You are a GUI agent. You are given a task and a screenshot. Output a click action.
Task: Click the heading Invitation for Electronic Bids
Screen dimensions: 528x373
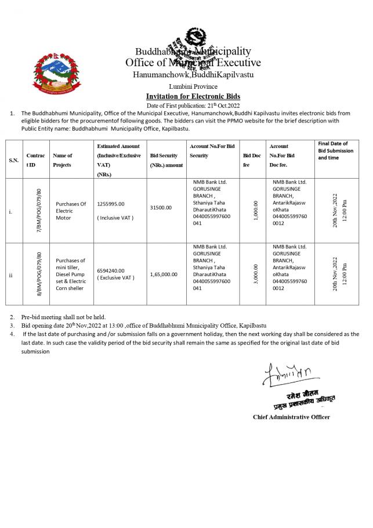(x=193, y=96)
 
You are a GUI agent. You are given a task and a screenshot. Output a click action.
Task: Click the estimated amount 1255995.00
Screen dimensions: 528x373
(x=111, y=204)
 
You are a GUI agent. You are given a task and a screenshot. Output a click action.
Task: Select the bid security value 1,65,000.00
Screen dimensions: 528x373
(x=164, y=274)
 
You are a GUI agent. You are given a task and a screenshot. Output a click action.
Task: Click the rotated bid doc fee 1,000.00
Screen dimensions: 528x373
(x=256, y=210)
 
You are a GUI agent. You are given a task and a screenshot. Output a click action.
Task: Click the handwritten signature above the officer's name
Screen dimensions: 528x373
(x=286, y=374)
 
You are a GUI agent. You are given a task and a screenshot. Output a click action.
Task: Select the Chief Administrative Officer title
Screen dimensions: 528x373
(x=291, y=417)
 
